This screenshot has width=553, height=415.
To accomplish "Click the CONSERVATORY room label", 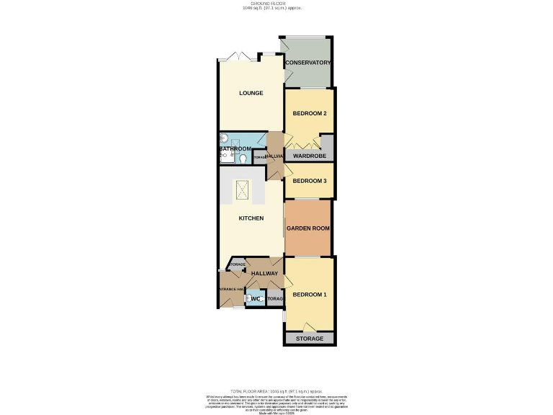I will [x=308, y=63].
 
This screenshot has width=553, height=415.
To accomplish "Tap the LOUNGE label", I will [x=251, y=93].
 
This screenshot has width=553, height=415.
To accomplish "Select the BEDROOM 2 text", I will [x=310, y=114].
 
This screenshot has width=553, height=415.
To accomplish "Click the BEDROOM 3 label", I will [x=310, y=181].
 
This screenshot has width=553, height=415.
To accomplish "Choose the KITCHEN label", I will [x=251, y=218].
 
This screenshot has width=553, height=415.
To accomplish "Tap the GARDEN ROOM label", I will [x=308, y=228].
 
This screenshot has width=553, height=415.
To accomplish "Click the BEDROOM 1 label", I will [x=310, y=294].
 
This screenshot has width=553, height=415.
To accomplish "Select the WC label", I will [x=255, y=299].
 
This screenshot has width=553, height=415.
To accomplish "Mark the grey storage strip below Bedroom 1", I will [x=310, y=339].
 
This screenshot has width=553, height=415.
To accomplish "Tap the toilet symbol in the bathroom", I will [x=244, y=159].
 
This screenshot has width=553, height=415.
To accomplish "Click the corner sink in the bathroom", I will [x=223, y=139].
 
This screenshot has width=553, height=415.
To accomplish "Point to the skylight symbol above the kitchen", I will [x=242, y=192].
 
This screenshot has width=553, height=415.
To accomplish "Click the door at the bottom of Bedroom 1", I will [x=310, y=326].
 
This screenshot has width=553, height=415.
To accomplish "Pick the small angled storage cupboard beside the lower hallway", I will [x=237, y=265].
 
